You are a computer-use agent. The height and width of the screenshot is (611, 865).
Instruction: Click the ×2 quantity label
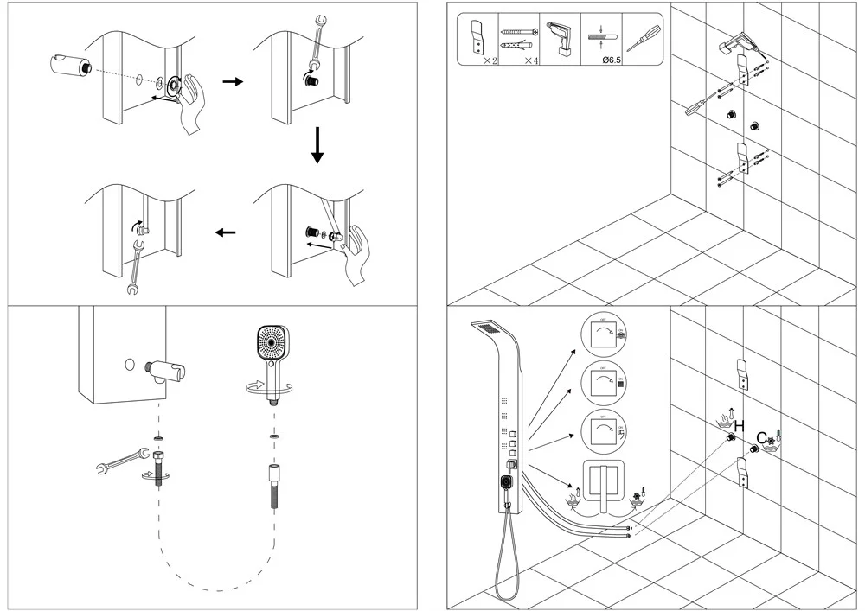point(490,60)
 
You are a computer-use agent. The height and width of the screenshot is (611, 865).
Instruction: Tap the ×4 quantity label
point(532,60)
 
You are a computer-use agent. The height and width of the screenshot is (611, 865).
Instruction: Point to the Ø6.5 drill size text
point(599,60)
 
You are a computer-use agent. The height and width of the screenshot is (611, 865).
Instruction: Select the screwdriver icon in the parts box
point(643,37)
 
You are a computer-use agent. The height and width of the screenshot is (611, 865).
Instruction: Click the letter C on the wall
point(762,437)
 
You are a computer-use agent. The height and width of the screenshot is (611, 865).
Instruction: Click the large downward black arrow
point(317,144)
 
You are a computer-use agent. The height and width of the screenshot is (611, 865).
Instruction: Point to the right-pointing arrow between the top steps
point(233,82)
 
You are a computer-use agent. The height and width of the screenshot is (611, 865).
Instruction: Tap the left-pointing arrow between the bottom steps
point(226,232)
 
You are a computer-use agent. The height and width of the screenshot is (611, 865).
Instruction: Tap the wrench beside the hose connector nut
point(118,462)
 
